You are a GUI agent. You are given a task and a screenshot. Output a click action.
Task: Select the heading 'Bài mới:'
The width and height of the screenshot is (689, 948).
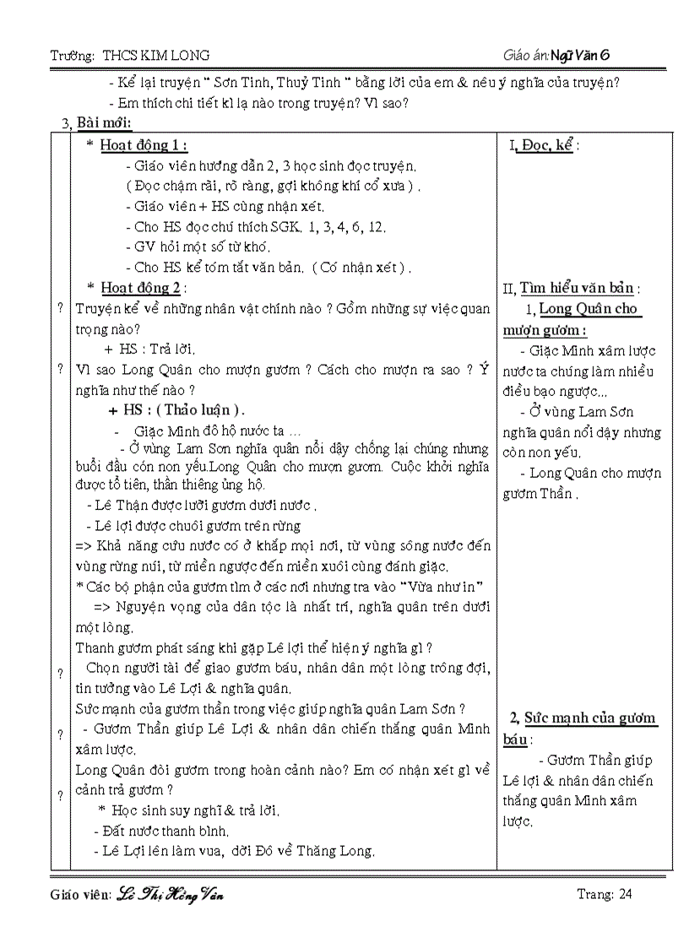coord(104,124)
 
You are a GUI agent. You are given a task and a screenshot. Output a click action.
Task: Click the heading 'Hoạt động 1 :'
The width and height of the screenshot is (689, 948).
coord(144,145)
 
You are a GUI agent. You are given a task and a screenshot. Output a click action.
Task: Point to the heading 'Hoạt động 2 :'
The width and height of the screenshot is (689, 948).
coord(144,288)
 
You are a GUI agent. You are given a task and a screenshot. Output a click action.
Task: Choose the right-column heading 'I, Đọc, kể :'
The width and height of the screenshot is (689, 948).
coord(545,145)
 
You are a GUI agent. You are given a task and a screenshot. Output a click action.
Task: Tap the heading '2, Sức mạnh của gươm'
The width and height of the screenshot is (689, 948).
coord(583,718)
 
